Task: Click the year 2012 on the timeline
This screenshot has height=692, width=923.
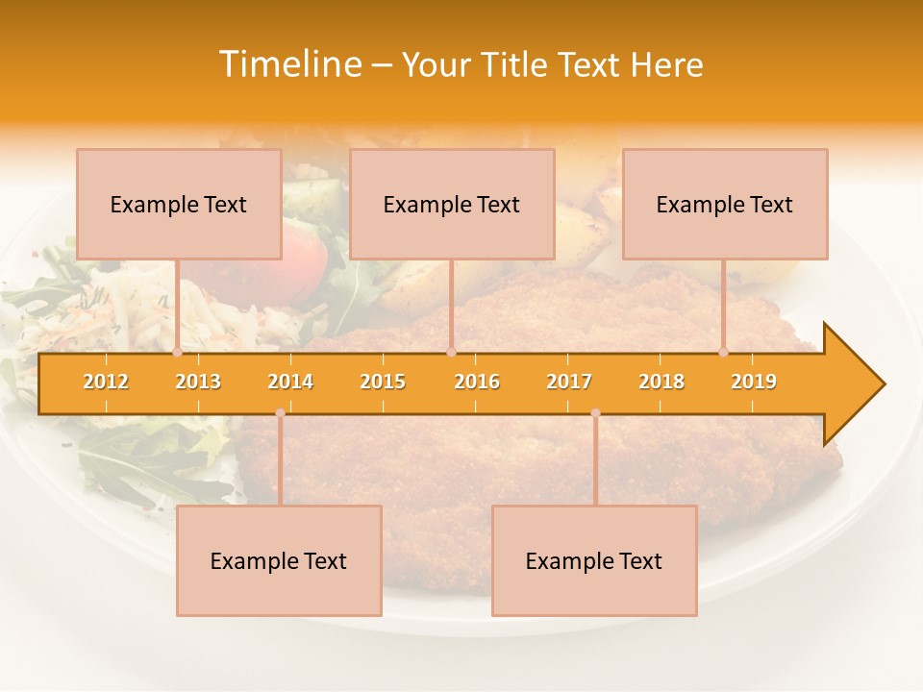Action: coord(106,382)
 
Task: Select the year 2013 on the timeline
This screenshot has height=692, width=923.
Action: coord(198,382)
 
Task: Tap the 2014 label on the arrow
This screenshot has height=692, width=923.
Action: coord(290,382)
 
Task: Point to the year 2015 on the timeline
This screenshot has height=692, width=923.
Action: coord(383,382)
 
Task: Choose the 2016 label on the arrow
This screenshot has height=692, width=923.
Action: coord(477,382)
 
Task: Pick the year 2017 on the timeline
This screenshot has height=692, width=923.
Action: coord(569,382)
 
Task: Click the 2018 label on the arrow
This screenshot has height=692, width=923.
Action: coord(661,382)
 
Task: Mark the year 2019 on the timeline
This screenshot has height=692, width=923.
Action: coord(754,382)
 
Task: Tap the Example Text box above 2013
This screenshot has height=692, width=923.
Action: coord(179,204)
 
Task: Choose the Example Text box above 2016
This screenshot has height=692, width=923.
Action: coord(452,204)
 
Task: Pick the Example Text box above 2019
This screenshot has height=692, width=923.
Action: coord(725,204)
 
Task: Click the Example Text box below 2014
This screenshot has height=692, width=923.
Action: coord(279,560)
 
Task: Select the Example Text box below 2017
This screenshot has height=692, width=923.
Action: coord(594,560)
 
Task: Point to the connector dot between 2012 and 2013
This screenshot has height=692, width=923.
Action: coord(177,353)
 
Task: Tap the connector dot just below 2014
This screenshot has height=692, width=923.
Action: coord(280,412)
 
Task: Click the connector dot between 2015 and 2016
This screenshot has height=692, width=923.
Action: coord(451,353)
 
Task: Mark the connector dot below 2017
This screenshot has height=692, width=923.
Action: coord(595,412)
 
